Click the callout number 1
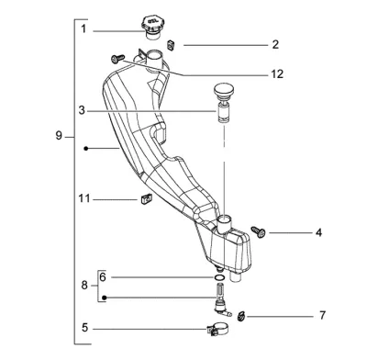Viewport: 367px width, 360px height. pyautogui.click(x=83, y=29)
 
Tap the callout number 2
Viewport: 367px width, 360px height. pyautogui.click(x=275, y=45)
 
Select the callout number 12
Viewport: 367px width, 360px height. pyautogui.click(x=277, y=74)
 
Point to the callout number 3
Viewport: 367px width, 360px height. pyautogui.click(x=82, y=110)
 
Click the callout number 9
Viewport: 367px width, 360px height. pyautogui.click(x=59, y=135)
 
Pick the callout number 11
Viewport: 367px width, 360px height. pyautogui.click(x=84, y=198)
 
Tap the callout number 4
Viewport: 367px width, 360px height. pyautogui.click(x=318, y=232)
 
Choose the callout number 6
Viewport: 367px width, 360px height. pyautogui.click(x=103, y=277)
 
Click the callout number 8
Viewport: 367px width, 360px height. pyautogui.click(x=84, y=286)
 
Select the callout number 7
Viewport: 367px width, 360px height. pyautogui.click(x=322, y=315)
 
